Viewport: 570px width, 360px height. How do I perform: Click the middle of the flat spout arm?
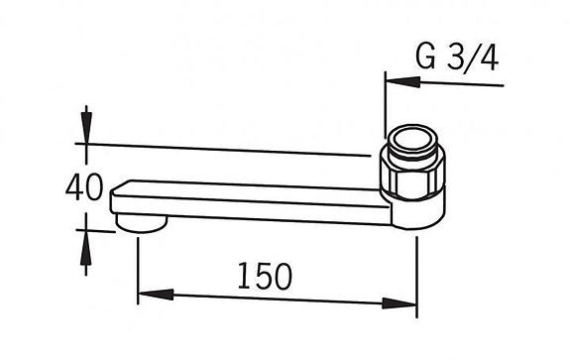[x=258, y=199]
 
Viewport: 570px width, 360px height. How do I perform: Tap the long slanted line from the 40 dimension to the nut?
[x=228, y=150]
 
